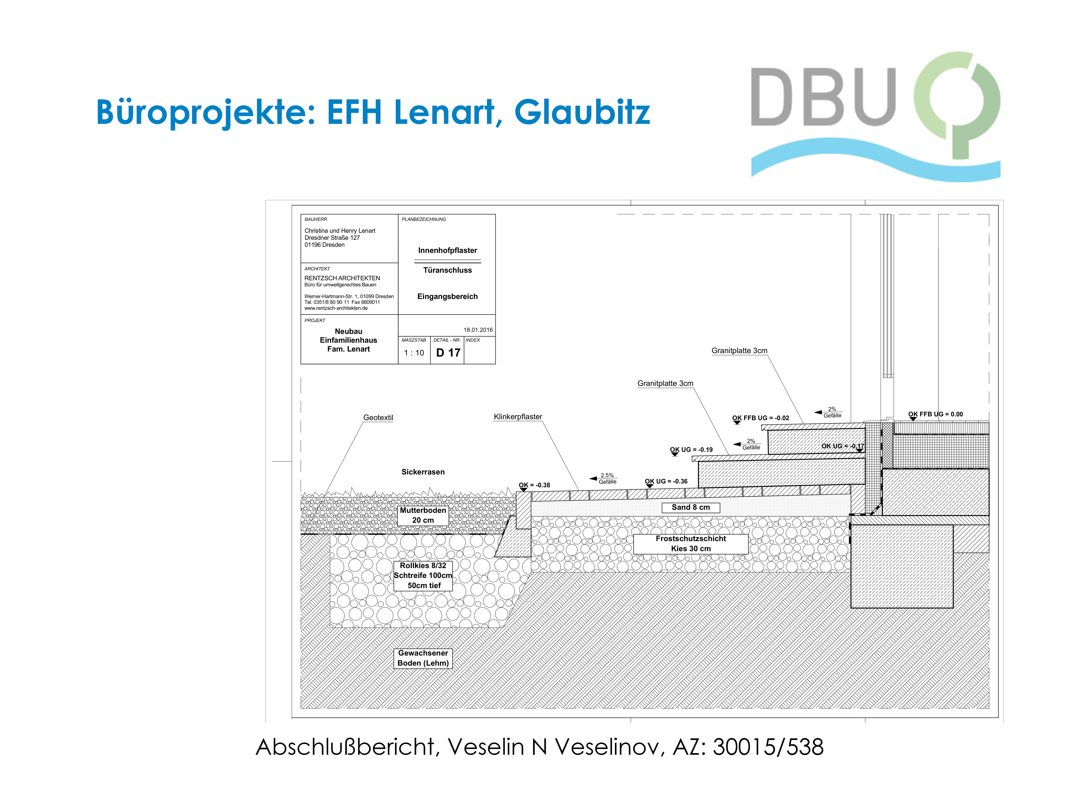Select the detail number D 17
tap(448, 352)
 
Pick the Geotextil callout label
tap(378, 417)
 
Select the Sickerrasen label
tap(423, 472)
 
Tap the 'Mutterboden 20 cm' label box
tap(423, 515)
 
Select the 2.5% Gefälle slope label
tap(607, 478)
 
